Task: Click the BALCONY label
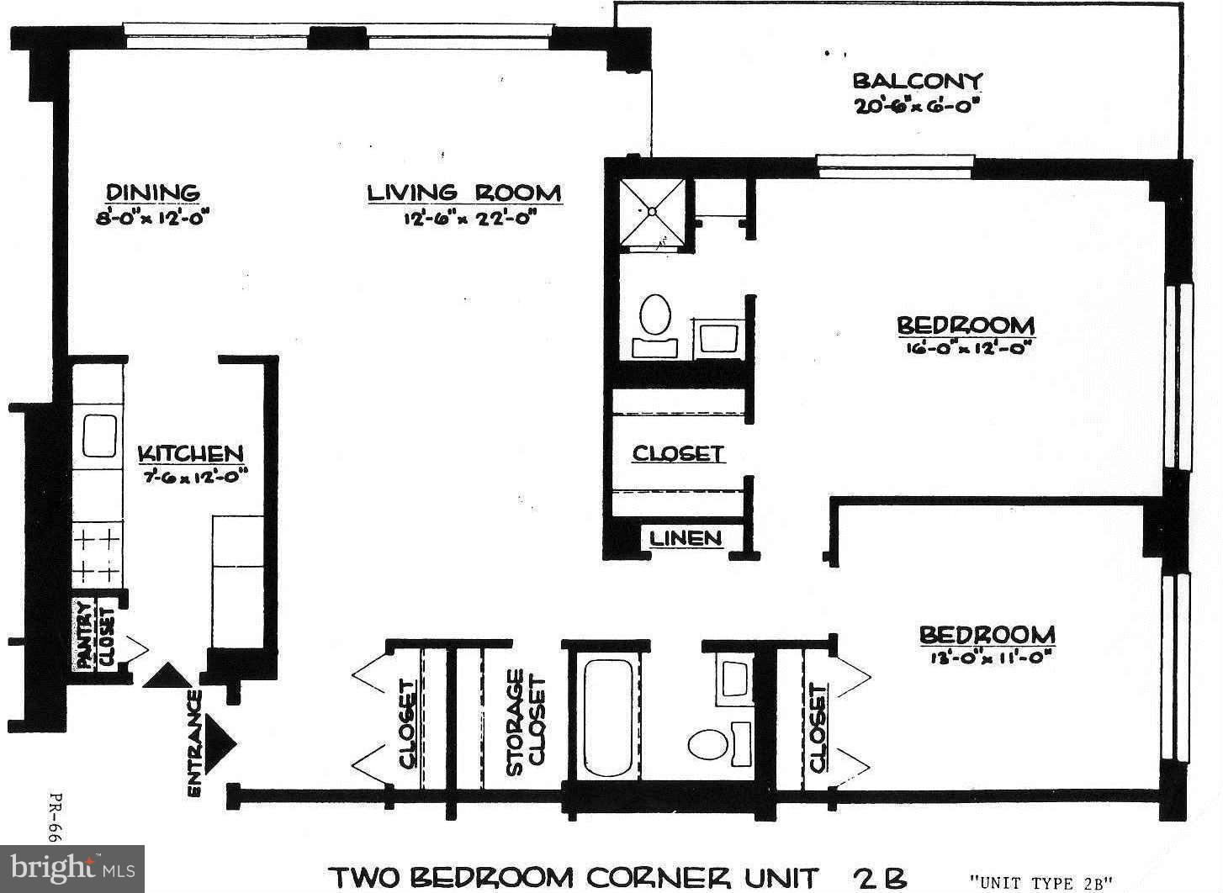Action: click(x=917, y=82)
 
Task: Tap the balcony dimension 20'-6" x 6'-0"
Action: click(x=917, y=107)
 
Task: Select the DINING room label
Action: click(x=153, y=193)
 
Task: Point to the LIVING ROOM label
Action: click(x=463, y=193)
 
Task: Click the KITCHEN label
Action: click(x=191, y=454)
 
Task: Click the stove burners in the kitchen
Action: click(x=98, y=555)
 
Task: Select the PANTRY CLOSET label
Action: click(x=94, y=635)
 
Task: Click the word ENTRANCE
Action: click(x=194, y=743)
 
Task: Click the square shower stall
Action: click(x=653, y=215)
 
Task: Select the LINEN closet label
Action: click(x=686, y=538)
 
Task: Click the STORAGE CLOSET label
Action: click(x=526, y=721)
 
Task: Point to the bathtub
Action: click(x=607, y=717)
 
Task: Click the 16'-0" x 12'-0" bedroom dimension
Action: click(x=964, y=347)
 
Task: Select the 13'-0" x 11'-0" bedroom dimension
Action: click(x=986, y=658)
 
